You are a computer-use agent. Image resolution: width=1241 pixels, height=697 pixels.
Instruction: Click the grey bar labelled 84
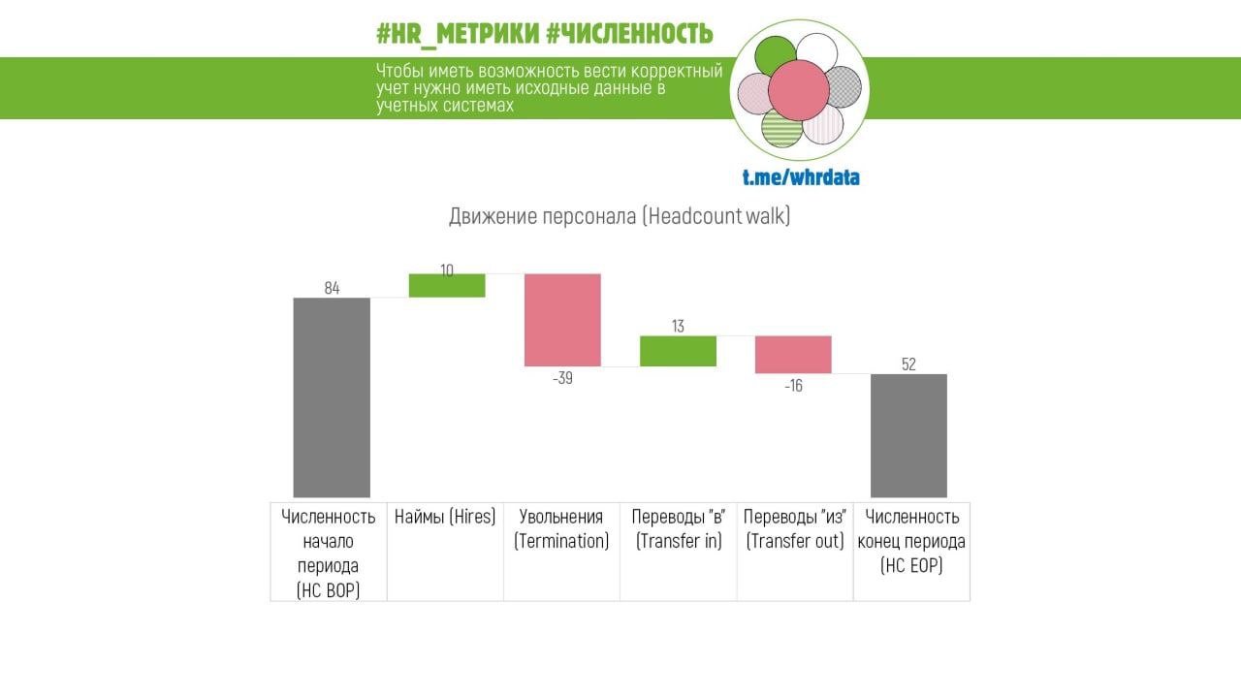[x=332, y=397]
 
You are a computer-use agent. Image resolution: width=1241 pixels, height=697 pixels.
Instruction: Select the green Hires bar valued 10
[x=447, y=286]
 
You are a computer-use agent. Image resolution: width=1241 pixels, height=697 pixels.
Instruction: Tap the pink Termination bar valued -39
[x=562, y=320]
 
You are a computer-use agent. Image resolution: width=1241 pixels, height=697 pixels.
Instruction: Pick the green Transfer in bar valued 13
[x=678, y=351]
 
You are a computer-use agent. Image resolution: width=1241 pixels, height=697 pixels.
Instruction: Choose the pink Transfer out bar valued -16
[x=793, y=355]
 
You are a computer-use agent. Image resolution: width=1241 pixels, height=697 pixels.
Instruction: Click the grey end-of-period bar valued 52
[x=908, y=435]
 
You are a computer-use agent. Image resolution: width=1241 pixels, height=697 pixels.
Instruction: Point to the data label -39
[x=562, y=379]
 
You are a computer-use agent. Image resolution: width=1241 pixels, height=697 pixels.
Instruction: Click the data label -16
[x=793, y=386]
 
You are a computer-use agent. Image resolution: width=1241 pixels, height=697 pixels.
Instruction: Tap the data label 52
[x=908, y=364]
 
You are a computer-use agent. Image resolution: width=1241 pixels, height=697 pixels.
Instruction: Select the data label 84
[x=332, y=288]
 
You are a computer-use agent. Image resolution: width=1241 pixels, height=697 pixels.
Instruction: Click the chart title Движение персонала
[x=620, y=216]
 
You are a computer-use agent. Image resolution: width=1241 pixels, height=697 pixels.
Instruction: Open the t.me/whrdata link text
[x=801, y=177]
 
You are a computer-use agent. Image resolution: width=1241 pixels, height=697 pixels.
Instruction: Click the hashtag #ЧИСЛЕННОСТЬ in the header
[x=629, y=35]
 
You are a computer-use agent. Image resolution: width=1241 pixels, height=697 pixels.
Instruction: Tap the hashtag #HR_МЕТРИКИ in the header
[x=457, y=35]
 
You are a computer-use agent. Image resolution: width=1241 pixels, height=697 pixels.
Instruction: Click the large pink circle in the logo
[x=799, y=89]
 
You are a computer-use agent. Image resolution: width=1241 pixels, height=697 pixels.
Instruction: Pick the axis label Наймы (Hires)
[x=445, y=517]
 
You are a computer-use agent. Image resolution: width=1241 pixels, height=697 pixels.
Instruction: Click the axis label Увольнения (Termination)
[x=561, y=528]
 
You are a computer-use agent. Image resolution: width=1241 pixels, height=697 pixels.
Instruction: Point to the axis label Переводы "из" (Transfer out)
[x=795, y=528]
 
